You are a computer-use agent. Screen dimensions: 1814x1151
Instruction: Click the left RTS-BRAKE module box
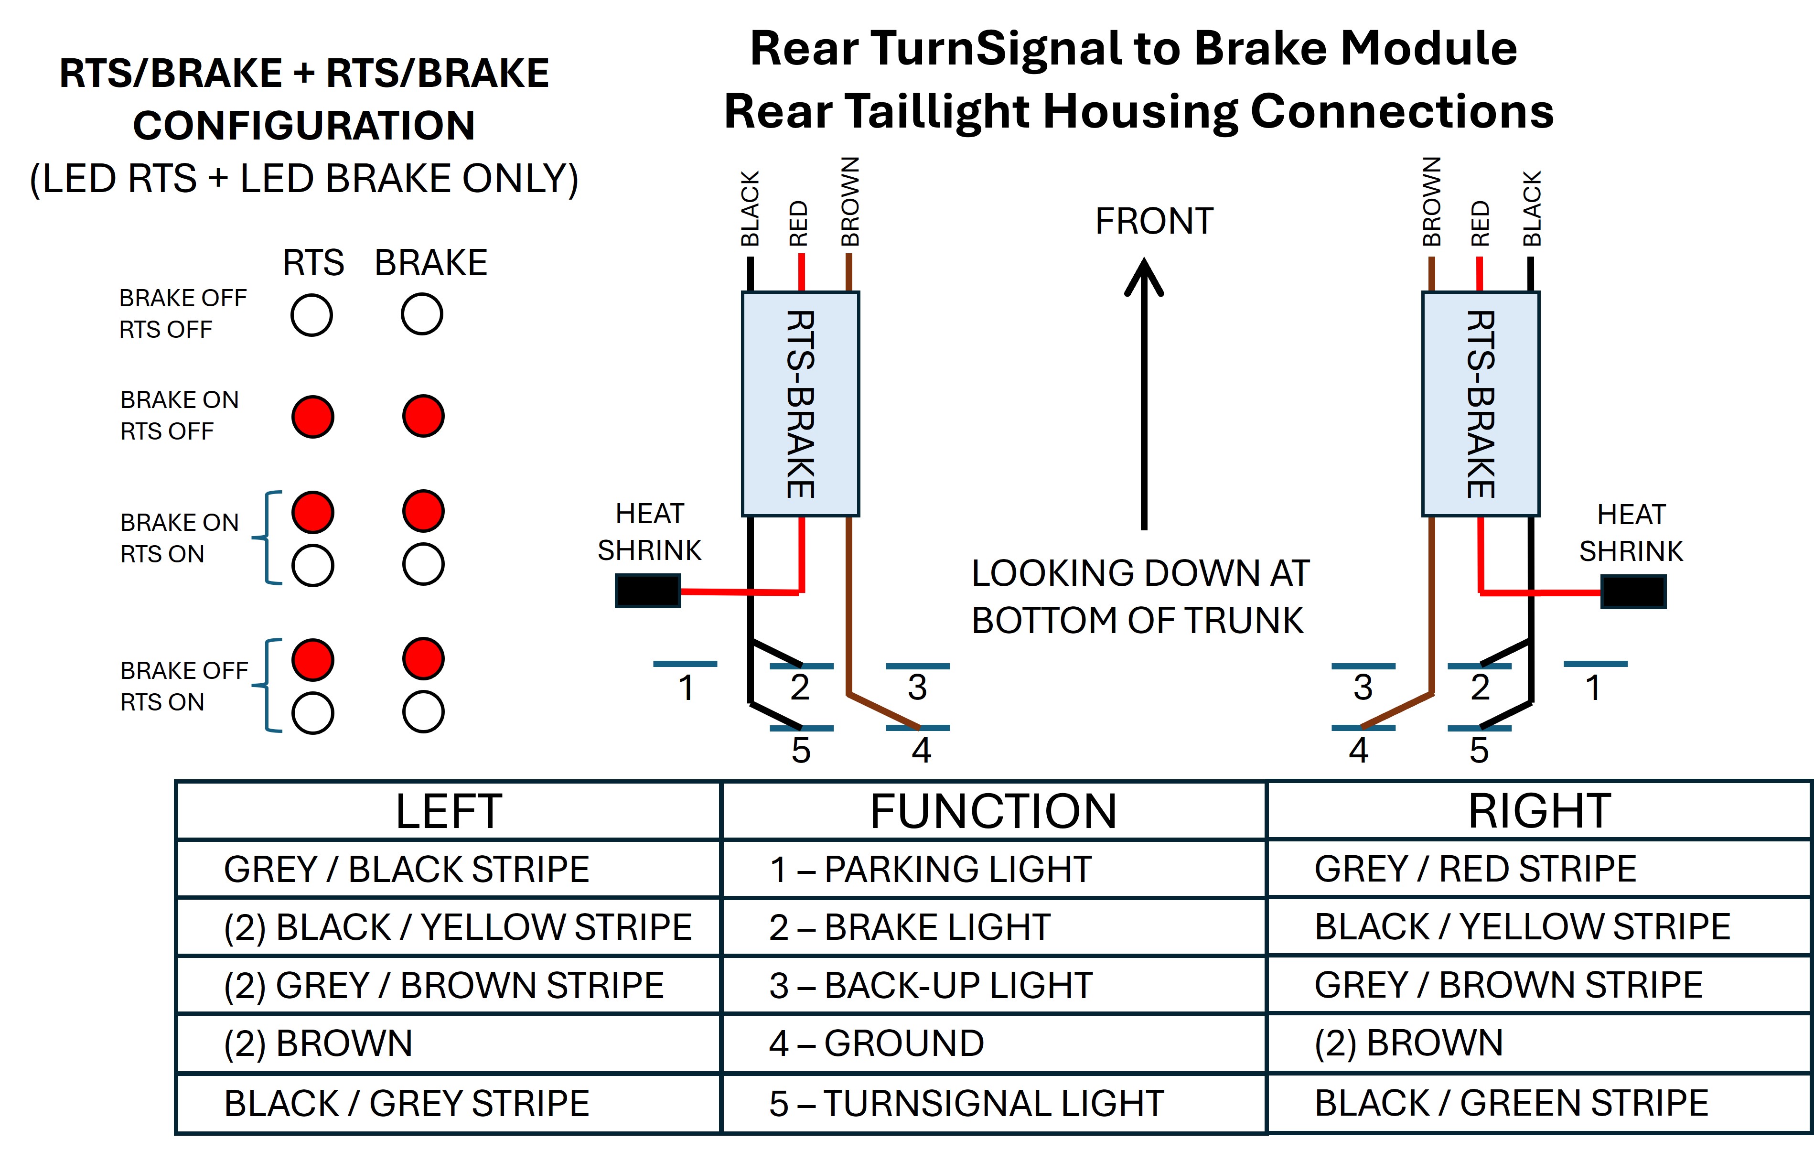[801, 404]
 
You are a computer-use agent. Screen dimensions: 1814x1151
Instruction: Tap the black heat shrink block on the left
[648, 591]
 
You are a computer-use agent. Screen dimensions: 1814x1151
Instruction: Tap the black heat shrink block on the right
[1633, 592]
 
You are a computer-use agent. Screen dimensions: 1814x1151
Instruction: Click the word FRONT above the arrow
[1154, 222]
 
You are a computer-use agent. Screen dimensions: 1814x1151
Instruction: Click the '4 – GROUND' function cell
[994, 1043]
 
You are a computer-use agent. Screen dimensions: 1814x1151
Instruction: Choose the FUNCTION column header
[994, 810]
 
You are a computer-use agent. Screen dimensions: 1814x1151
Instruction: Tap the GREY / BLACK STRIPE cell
[448, 869]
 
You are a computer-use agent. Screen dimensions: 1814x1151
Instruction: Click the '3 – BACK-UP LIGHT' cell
[994, 985]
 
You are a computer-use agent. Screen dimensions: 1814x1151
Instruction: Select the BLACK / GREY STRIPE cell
[448, 1104]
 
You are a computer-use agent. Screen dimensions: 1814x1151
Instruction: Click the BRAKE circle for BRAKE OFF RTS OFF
[422, 314]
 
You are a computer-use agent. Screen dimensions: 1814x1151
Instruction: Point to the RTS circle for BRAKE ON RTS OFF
[312, 417]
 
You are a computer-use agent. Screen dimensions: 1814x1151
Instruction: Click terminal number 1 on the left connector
[686, 688]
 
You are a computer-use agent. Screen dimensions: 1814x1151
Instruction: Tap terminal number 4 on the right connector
[1359, 750]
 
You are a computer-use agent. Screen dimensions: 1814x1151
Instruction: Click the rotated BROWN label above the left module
[850, 202]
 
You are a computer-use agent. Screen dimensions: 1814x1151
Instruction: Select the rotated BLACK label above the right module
[1532, 209]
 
